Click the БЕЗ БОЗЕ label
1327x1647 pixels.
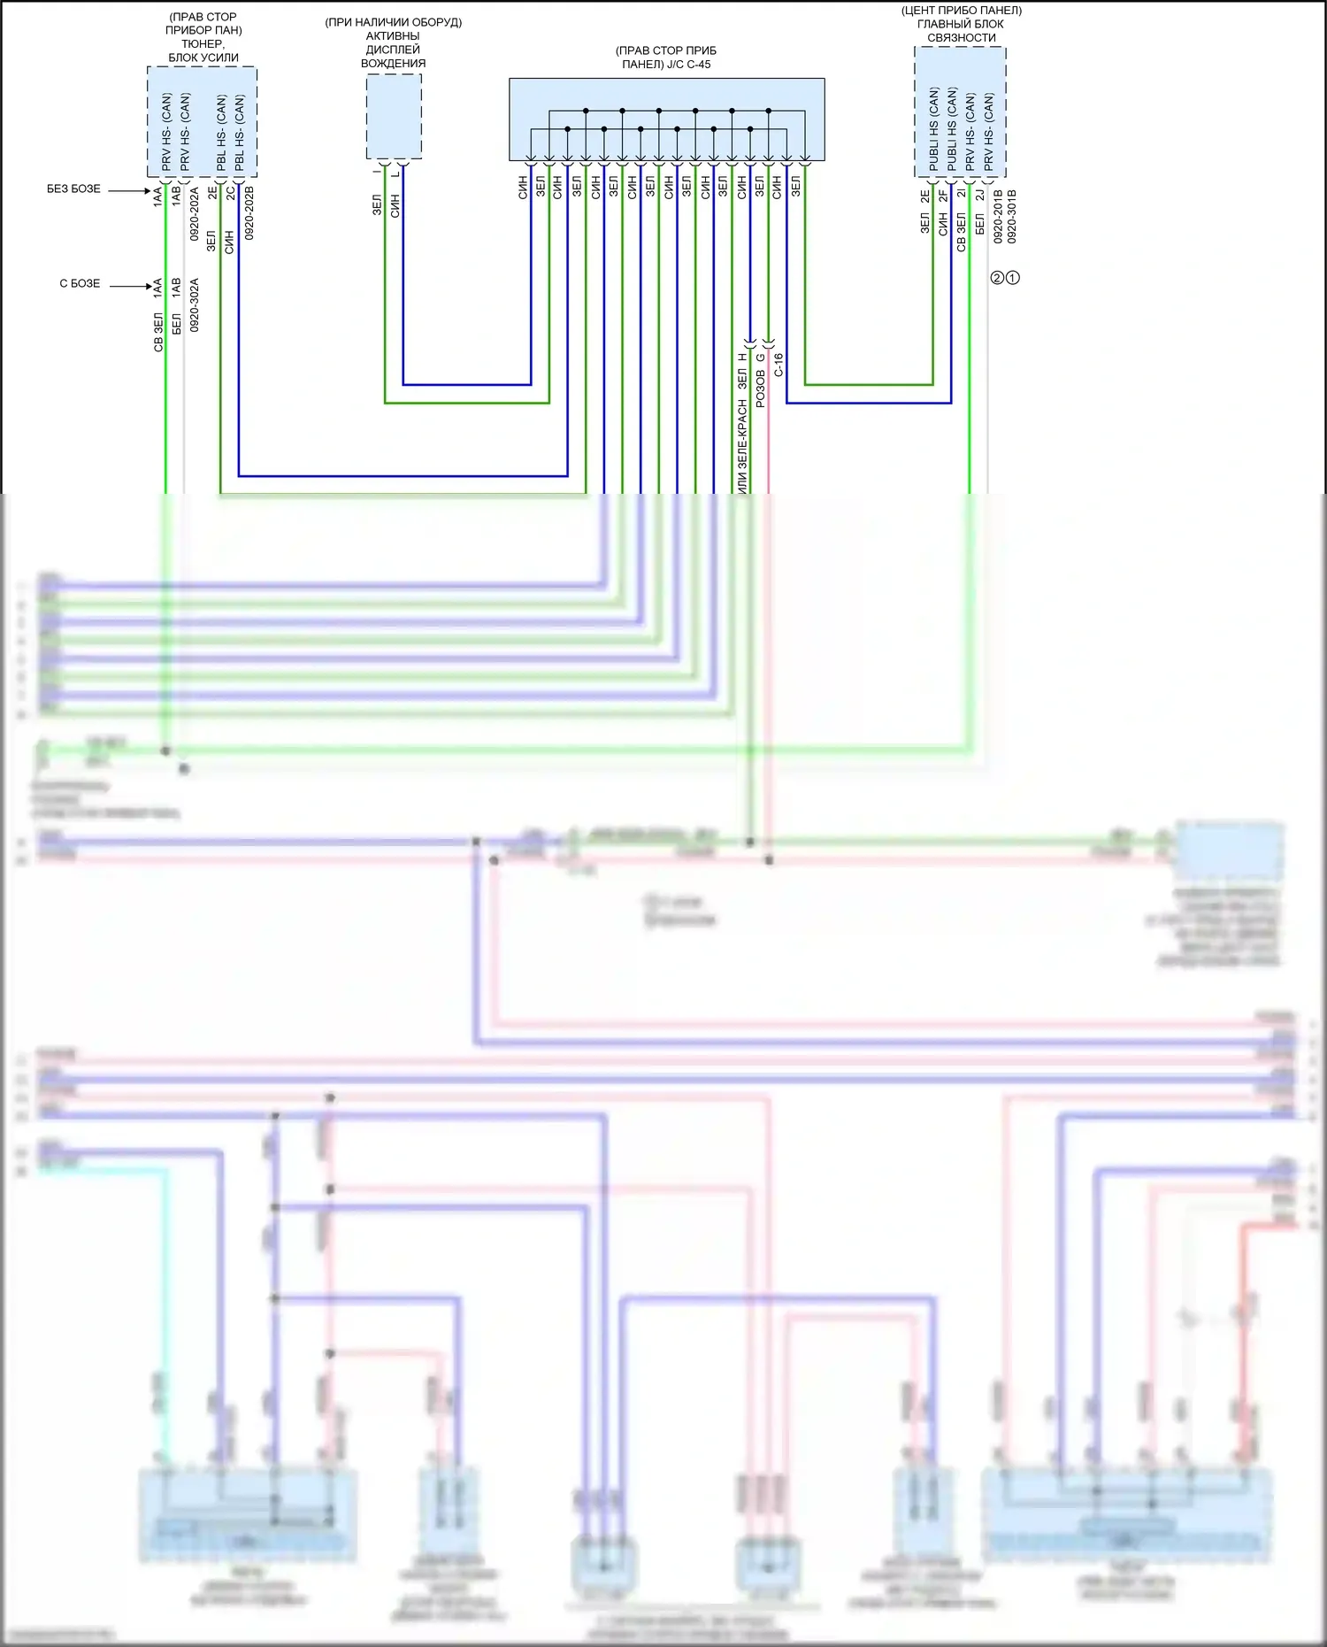click(x=73, y=189)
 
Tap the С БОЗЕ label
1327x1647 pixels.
click(x=80, y=284)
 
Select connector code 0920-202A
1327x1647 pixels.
click(x=195, y=213)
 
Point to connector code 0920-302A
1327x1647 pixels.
click(x=195, y=305)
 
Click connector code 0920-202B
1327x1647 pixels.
click(x=249, y=213)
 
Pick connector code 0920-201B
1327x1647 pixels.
click(x=998, y=216)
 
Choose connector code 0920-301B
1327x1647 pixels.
click(x=1012, y=216)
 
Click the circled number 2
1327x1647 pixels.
click(x=997, y=278)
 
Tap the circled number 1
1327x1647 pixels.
click(x=1013, y=278)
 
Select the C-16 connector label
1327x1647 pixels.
click(x=779, y=365)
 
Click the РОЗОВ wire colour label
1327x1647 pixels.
click(x=760, y=389)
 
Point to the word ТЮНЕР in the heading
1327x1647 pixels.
click(x=203, y=43)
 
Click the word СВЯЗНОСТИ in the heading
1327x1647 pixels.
click(x=961, y=38)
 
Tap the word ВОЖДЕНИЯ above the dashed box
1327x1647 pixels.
click(x=393, y=64)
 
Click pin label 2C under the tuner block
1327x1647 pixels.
click(x=230, y=192)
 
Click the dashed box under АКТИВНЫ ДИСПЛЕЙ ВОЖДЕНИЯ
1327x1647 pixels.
click(x=394, y=117)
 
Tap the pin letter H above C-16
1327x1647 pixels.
click(x=742, y=358)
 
